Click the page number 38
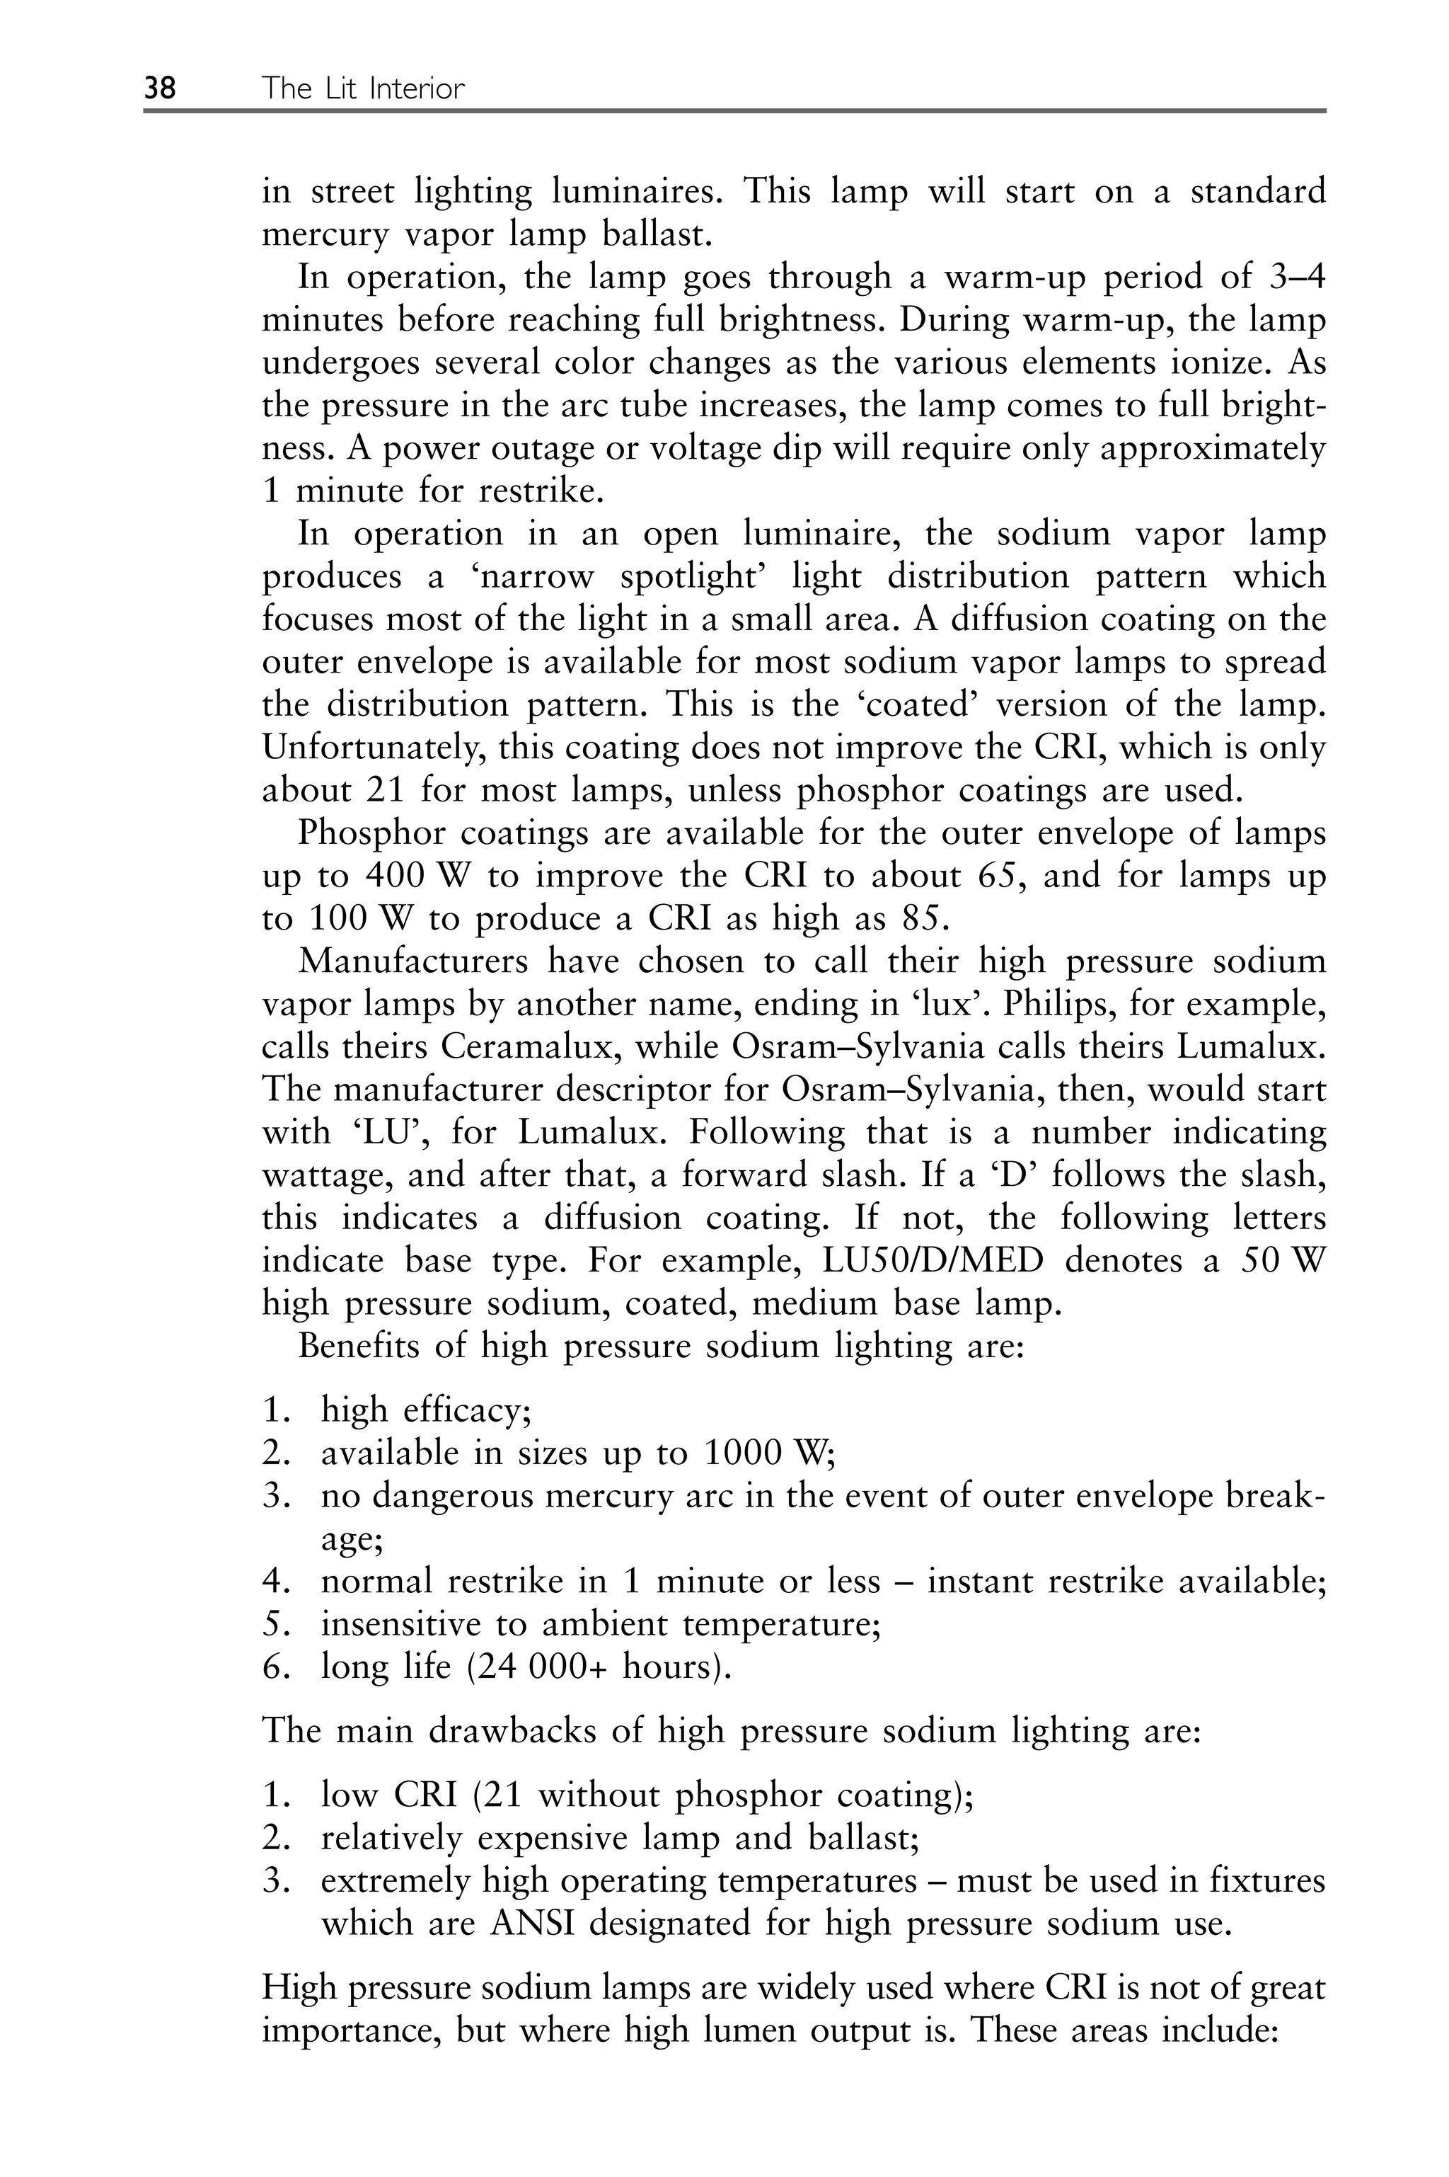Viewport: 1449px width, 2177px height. (x=160, y=88)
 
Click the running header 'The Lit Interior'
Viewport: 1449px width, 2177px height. (x=363, y=88)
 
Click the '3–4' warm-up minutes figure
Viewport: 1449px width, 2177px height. (x=1292, y=278)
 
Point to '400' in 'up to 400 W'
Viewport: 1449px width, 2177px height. (x=396, y=876)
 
